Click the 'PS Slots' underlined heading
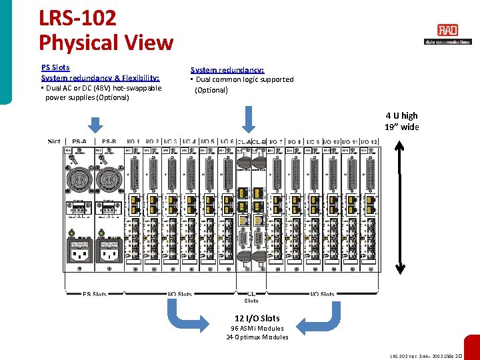55,67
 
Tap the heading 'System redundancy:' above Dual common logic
227,70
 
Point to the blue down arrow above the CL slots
248,121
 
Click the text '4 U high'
401,116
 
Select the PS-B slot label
109,141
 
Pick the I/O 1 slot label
133,141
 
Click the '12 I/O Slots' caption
257,318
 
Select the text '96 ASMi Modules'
257,328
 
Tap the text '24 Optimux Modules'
257,337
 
